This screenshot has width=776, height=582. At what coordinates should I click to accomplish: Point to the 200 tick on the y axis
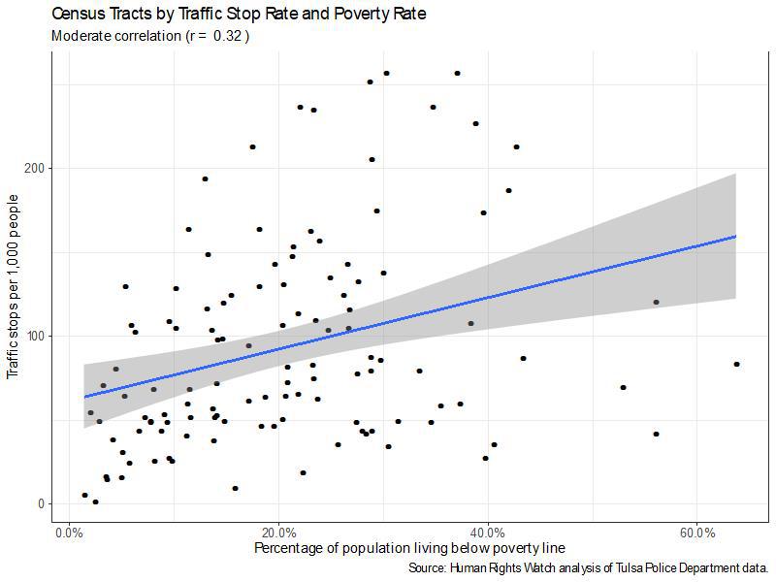[40, 168]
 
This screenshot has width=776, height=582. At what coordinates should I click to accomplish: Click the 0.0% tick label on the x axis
[69, 534]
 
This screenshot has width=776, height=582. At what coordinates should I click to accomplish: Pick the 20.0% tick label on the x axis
[278, 534]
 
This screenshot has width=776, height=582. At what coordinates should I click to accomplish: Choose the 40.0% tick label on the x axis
[488, 534]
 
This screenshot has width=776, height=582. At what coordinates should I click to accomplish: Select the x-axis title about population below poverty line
[409, 549]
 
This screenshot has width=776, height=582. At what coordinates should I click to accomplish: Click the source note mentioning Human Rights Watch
[590, 567]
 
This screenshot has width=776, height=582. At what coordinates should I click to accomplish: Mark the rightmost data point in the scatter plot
[737, 364]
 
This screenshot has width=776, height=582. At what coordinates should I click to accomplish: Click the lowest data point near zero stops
[95, 501]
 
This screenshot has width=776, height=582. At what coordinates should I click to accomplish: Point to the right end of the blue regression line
[736, 236]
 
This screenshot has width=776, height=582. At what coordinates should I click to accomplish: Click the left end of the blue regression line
[84, 396]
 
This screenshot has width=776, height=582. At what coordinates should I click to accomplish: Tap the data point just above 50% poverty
[623, 387]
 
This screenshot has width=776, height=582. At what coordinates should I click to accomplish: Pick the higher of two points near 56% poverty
[656, 302]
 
